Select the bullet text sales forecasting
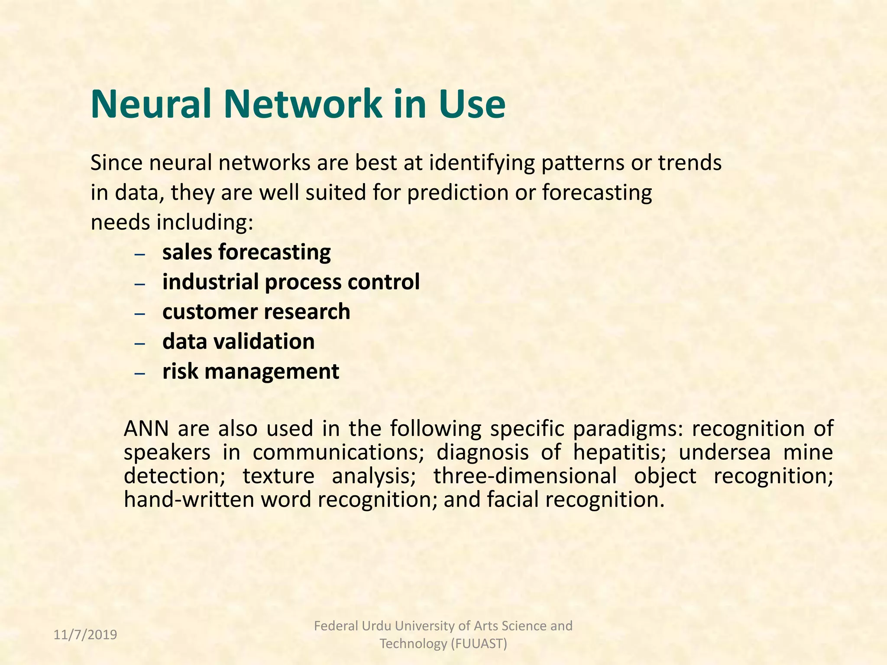click(x=246, y=252)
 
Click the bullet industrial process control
click(x=291, y=282)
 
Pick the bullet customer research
click(x=256, y=312)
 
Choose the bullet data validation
click(x=238, y=342)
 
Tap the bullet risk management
click(x=250, y=372)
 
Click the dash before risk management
click(x=139, y=373)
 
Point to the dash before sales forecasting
click(x=139, y=254)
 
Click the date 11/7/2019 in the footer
click(x=85, y=635)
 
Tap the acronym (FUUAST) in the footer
click(x=479, y=644)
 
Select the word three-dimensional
click(x=525, y=476)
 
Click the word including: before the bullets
click(x=205, y=223)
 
